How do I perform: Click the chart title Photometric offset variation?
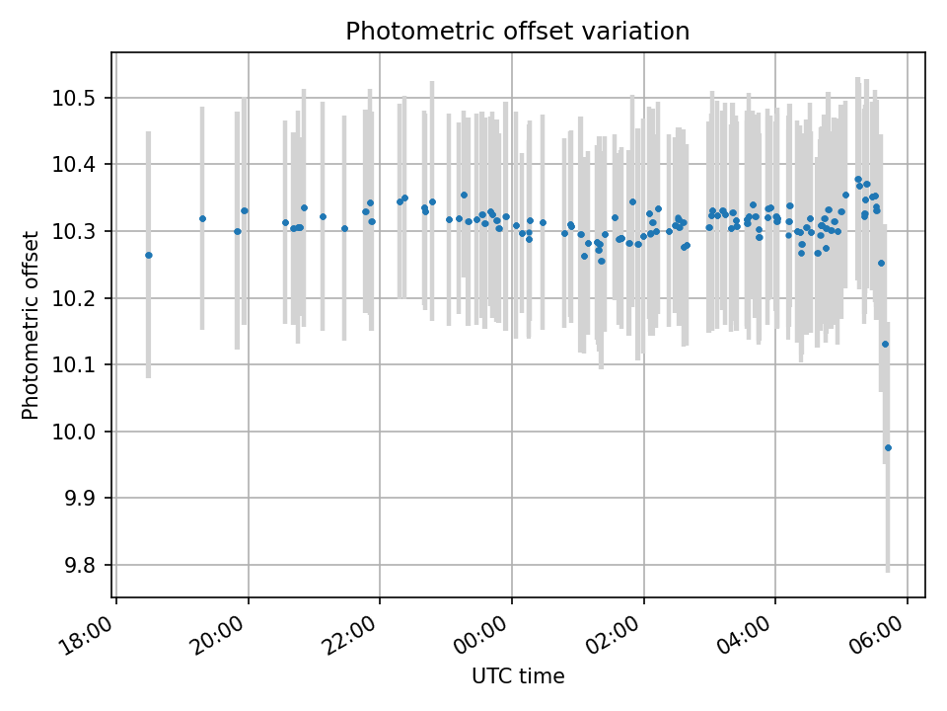point(517,32)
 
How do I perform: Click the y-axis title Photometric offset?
point(31,325)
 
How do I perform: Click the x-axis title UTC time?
point(518,676)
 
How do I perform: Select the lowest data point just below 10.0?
point(888,447)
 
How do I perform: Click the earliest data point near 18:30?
point(149,255)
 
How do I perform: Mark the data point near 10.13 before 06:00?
point(885,344)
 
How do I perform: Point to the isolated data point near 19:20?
point(202,218)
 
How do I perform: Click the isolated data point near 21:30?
point(344,228)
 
